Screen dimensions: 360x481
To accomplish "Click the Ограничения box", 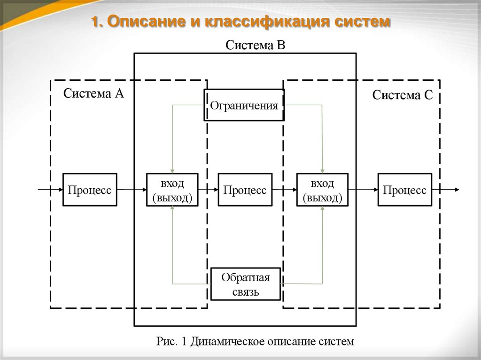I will point(244,105).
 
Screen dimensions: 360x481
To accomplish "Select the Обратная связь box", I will point(246,284).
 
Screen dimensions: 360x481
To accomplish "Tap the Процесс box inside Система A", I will point(90,190).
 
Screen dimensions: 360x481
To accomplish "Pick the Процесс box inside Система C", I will point(404,190).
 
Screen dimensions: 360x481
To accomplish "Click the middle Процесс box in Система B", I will point(245,190).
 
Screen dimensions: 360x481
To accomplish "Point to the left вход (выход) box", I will point(172,190).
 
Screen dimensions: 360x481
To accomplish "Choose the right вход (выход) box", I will point(322,190).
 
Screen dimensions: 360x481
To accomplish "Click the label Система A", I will point(93,93).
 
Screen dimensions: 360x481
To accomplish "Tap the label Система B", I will point(256,45).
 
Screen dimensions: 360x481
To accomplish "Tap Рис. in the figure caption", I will point(166,341).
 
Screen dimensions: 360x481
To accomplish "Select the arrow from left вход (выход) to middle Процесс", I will point(208,190).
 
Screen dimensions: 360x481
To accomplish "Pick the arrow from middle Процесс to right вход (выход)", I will point(284,190).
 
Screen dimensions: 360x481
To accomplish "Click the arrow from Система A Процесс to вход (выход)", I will point(132,190).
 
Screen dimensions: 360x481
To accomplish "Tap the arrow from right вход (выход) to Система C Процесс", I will point(363,190).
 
